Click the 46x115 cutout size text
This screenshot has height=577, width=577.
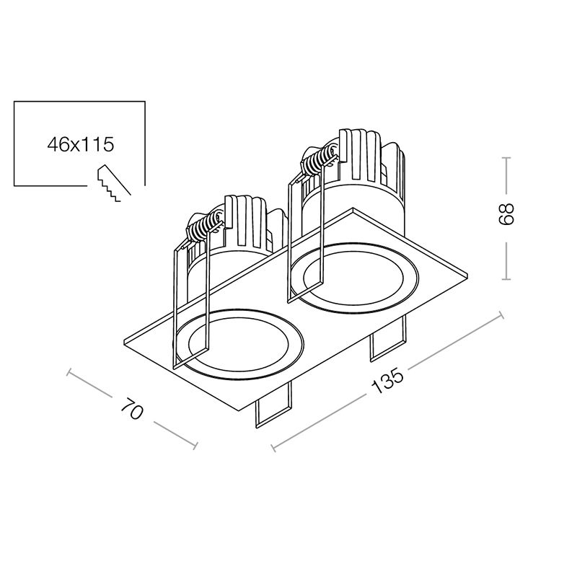(81, 144)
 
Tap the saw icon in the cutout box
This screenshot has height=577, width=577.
(113, 182)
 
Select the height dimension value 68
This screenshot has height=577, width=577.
(506, 213)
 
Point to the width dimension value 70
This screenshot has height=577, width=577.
(132, 408)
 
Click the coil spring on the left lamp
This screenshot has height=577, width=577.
(203, 227)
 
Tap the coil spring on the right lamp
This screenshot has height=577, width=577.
(319, 159)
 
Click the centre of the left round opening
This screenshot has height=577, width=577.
(239, 345)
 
